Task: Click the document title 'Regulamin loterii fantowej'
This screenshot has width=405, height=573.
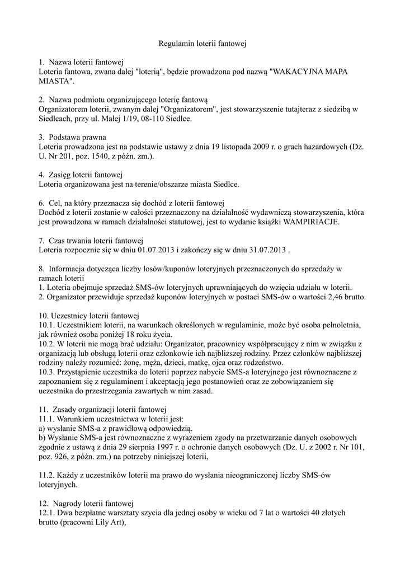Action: click(x=202, y=43)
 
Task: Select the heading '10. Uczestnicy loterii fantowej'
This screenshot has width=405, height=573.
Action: click(x=88, y=315)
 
